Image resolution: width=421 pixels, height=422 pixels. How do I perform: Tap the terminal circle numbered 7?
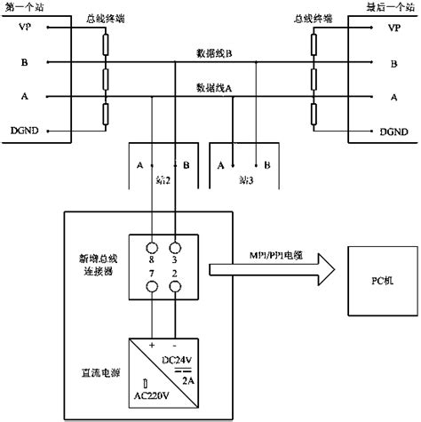point(152,285)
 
